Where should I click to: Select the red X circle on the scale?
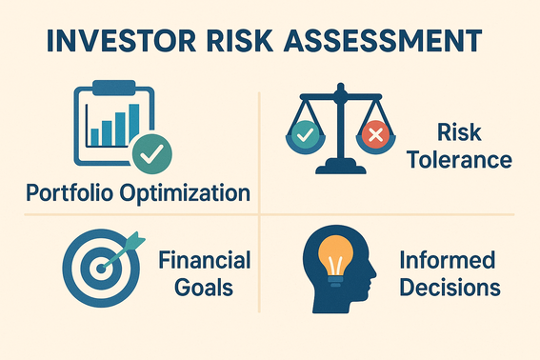(x=373, y=135)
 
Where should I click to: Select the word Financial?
(x=205, y=258)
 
